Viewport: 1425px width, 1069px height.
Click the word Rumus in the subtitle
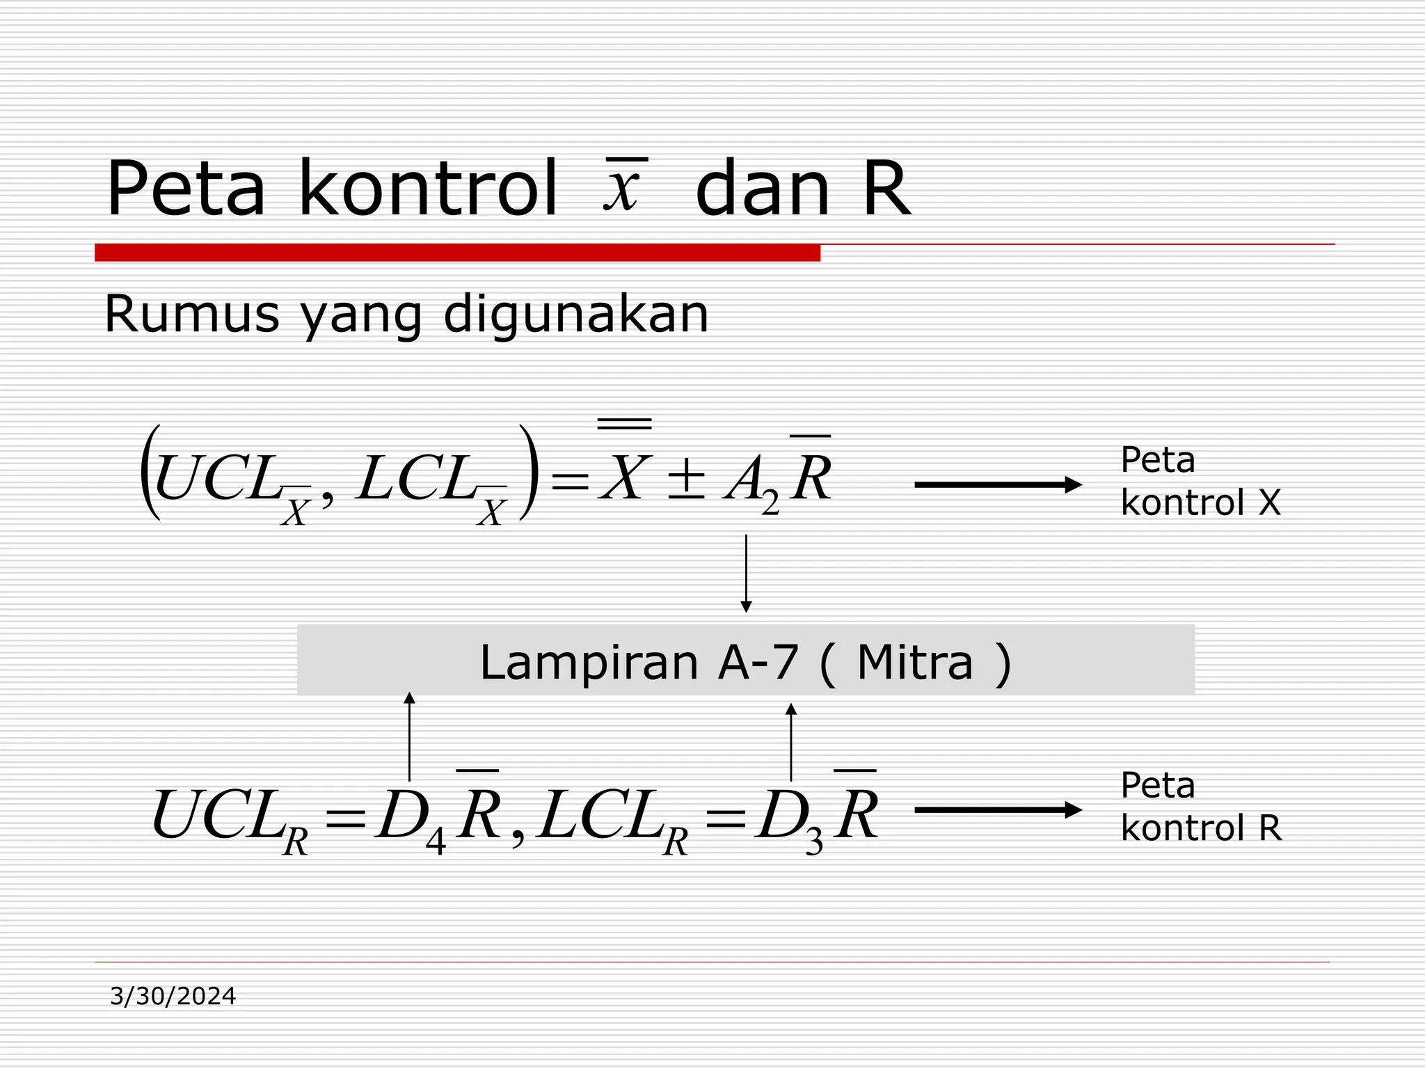[x=191, y=315]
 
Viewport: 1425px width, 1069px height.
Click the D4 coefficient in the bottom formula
[x=409, y=818]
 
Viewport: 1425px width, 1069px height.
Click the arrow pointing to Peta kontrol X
[x=998, y=485]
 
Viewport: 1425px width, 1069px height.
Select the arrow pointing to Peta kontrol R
[x=998, y=810]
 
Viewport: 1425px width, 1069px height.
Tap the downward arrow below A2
[x=746, y=573]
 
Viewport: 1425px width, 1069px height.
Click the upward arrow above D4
[x=409, y=736]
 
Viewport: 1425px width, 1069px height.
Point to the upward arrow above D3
[x=790, y=742]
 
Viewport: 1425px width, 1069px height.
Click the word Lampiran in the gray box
[x=589, y=663]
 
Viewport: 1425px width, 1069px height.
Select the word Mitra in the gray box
[x=914, y=663]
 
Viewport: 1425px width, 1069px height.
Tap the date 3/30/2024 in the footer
[x=173, y=997]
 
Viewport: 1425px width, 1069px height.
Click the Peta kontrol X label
[x=1200, y=481]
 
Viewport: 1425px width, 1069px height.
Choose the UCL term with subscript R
[x=230, y=818]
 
